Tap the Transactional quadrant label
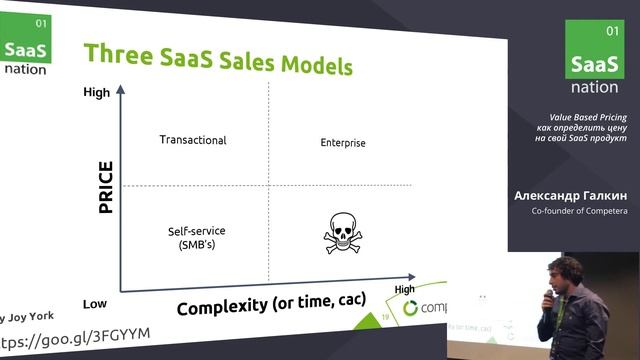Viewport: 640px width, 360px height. [x=193, y=140]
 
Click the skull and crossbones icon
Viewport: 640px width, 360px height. [x=339, y=234]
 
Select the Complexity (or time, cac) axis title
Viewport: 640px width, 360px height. [x=270, y=302]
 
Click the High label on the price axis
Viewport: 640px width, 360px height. [x=96, y=93]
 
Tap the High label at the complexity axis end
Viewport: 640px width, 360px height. [x=404, y=289]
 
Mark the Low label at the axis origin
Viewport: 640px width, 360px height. [x=95, y=303]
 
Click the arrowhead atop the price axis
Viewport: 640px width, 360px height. [x=121, y=89]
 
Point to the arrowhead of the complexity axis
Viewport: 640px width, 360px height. [x=412, y=273]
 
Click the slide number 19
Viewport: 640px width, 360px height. [x=386, y=317]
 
